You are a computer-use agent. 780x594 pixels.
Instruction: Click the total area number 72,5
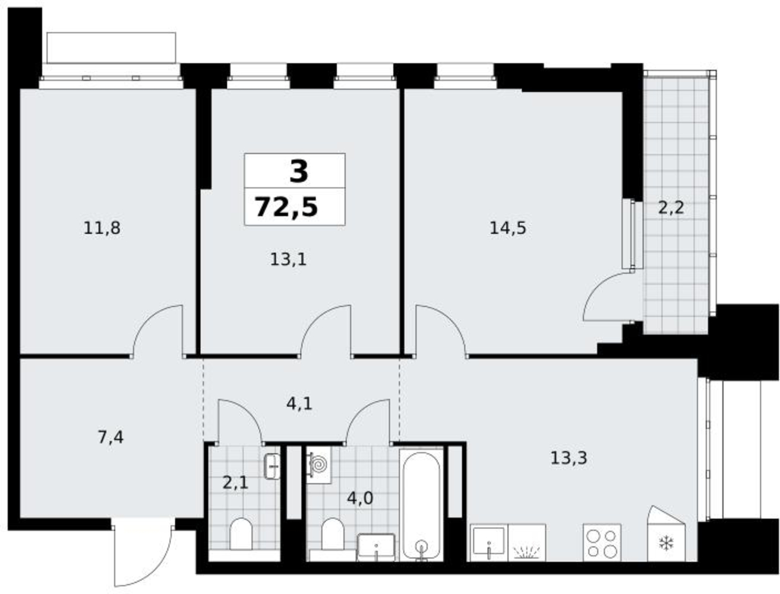pos(286,207)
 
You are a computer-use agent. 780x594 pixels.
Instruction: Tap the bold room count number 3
pos(298,172)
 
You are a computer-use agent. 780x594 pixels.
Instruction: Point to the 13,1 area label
pos(288,260)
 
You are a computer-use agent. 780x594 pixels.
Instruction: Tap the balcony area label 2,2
pos(671,207)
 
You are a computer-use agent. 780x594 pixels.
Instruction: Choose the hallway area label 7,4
pos(110,437)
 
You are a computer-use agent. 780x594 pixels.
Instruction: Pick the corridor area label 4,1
pos(299,404)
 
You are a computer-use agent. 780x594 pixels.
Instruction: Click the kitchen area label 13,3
pos(569,458)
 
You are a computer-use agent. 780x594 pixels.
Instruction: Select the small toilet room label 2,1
pos(235,483)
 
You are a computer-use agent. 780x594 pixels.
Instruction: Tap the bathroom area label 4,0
pos(360,498)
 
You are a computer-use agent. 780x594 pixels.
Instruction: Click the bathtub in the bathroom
pos(421,505)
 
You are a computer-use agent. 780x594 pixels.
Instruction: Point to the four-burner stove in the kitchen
pos(602,542)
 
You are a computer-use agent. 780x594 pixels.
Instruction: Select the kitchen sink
pos(489,542)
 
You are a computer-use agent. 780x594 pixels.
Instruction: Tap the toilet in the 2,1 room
pos(241,534)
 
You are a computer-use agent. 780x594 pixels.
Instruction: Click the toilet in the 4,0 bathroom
pos(333,534)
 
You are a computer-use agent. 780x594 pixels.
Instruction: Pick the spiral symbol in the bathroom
pos(319,465)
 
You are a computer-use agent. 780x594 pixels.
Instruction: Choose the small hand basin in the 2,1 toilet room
pos(272,466)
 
